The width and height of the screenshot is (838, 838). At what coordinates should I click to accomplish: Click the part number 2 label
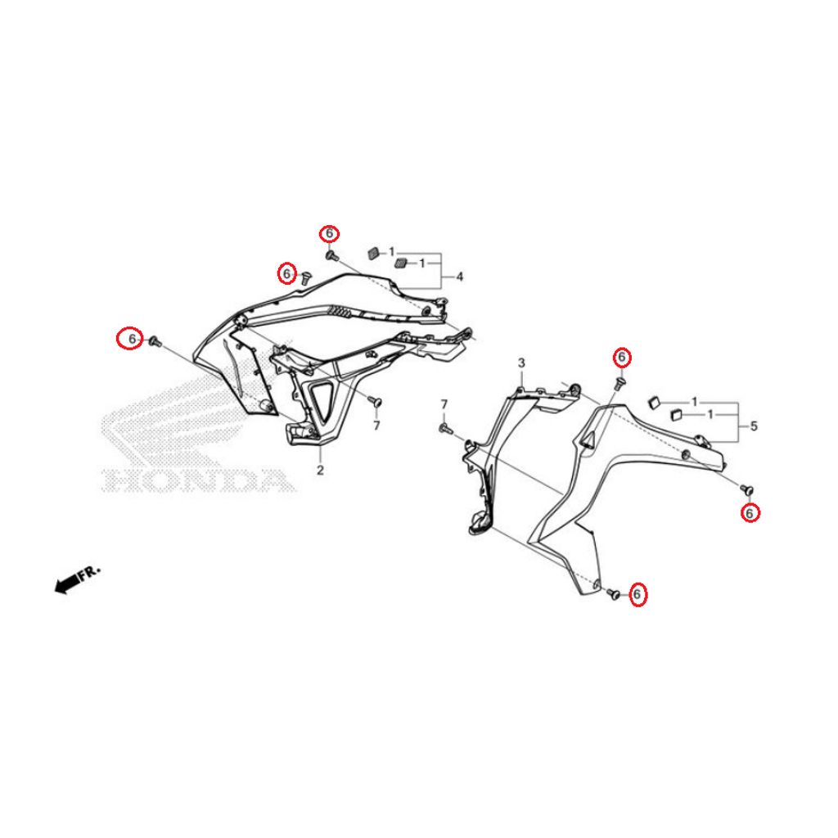pos(320,471)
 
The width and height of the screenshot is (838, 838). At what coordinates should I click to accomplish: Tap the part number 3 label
pos(521,363)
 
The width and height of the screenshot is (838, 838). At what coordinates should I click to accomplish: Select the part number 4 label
pos(460,277)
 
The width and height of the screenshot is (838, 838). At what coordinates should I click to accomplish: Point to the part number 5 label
pos(754,426)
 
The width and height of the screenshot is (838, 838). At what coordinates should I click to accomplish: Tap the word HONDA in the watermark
pos(196,480)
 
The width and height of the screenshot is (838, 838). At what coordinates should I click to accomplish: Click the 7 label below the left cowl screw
pos(376,426)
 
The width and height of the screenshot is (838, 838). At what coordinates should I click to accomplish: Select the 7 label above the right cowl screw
pos(444,404)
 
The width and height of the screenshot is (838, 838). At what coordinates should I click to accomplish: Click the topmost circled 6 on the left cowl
pos(329,233)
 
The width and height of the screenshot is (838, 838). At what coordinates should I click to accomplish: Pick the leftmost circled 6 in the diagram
pos(131,338)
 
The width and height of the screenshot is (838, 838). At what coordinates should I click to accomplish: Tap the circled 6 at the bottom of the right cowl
pos(637,594)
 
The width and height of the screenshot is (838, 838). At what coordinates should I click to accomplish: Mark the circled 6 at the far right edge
pos(750,513)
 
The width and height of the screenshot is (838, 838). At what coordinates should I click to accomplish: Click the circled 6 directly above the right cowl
pos(622,357)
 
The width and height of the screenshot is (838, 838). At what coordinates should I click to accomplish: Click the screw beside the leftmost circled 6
pos(155,341)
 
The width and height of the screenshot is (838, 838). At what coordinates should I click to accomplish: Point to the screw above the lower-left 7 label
pos(376,402)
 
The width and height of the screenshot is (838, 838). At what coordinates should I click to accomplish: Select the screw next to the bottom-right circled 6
pos(614,592)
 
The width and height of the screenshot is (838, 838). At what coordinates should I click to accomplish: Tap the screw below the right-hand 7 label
pos(445,428)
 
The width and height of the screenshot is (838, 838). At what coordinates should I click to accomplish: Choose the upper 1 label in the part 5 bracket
pos(695,401)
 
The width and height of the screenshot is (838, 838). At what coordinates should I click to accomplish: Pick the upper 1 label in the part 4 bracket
pos(392,251)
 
